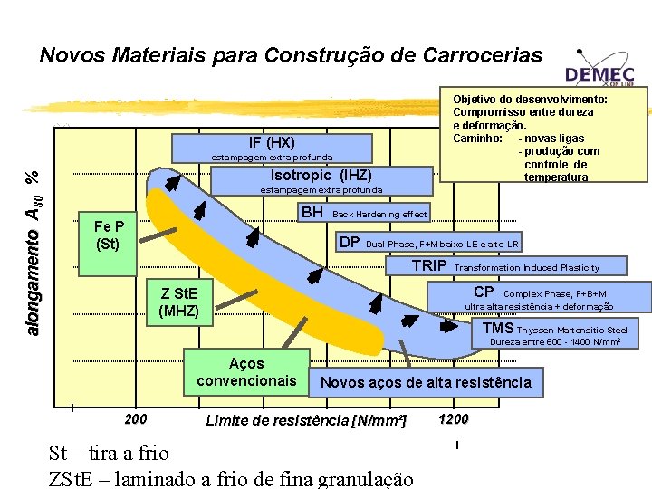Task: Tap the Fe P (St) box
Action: click(x=109, y=235)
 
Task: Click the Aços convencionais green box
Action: click(x=246, y=372)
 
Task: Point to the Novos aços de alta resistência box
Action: click(x=426, y=382)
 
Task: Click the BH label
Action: click(x=312, y=213)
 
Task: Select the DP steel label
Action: click(x=349, y=242)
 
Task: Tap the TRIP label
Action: click(x=428, y=266)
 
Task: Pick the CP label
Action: click(x=484, y=292)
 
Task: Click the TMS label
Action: click(x=498, y=328)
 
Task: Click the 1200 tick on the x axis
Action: click(x=453, y=419)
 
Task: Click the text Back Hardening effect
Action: click(x=380, y=215)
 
